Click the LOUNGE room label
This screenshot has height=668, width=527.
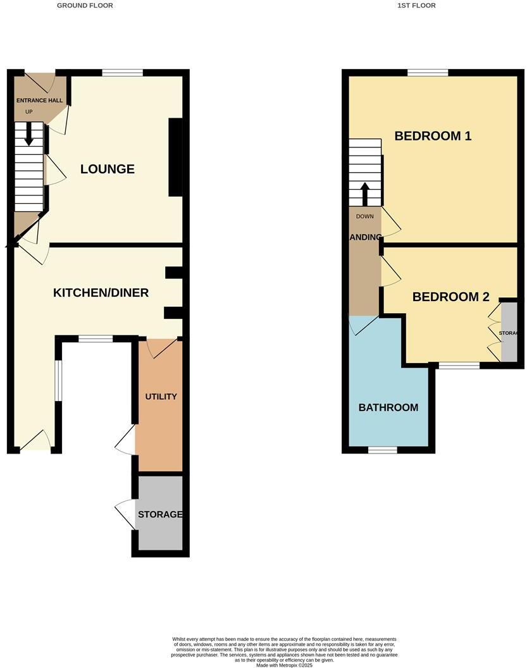click(x=108, y=169)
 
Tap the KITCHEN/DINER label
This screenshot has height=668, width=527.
click(x=101, y=292)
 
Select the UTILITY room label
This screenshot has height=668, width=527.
click(x=161, y=397)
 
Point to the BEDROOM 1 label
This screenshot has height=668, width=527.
click(x=433, y=135)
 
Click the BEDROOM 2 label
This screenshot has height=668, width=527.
click(x=451, y=297)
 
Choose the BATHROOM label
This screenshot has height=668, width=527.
click(x=388, y=407)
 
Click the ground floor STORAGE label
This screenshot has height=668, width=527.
click(x=160, y=514)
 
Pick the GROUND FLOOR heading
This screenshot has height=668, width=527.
click(x=85, y=5)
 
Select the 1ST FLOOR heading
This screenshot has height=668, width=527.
click(x=416, y=5)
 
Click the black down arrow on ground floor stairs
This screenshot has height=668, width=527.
click(x=28, y=133)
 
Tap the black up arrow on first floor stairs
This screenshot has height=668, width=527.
click(x=364, y=193)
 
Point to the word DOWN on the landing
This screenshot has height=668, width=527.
click(x=365, y=216)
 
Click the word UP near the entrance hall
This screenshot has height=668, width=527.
click(x=28, y=112)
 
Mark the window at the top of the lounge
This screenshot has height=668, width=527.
click(x=122, y=73)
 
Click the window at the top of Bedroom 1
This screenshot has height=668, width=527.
click(x=428, y=73)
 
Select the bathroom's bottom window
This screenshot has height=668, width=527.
click(x=383, y=450)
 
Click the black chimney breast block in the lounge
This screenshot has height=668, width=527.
click(x=175, y=157)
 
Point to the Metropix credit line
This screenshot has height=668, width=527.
click(x=284, y=665)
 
